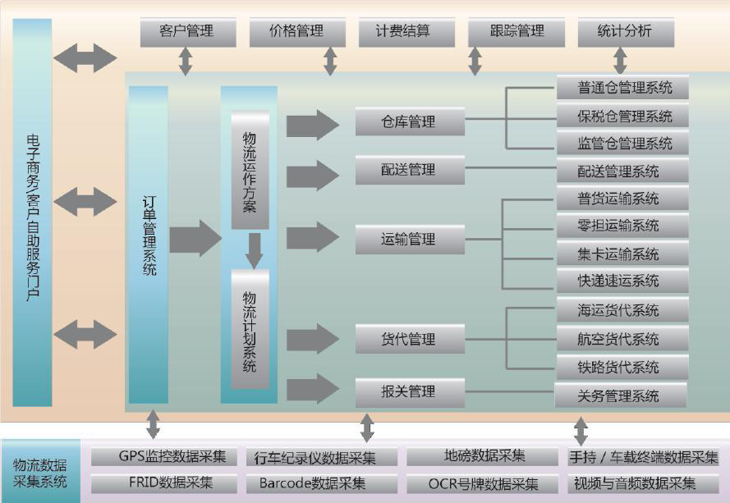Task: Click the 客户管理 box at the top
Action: click(x=186, y=32)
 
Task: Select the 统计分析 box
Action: click(x=626, y=32)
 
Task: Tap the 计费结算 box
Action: click(x=403, y=32)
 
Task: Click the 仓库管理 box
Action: click(x=408, y=121)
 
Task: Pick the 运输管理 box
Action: click(x=408, y=240)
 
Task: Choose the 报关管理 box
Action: click(x=408, y=391)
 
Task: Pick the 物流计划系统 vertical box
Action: click(x=250, y=328)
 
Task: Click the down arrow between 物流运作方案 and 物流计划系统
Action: click(x=254, y=250)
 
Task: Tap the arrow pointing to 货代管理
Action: click(x=312, y=338)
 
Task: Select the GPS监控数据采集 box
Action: click(x=161, y=456)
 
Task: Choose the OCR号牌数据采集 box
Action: click(x=484, y=483)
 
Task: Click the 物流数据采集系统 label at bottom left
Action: click(x=40, y=473)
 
